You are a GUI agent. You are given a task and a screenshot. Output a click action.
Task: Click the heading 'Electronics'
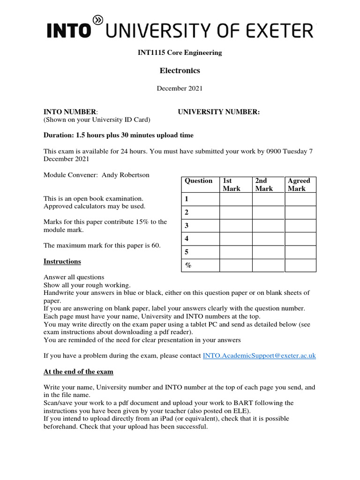180,71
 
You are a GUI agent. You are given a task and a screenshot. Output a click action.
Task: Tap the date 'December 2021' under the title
180,88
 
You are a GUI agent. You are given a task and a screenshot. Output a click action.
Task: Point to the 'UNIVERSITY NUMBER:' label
218,112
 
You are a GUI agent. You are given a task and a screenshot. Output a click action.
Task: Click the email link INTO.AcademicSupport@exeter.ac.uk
259,356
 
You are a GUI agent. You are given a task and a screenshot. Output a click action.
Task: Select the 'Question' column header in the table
199,181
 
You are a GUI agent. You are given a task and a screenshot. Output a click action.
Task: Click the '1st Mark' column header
232,185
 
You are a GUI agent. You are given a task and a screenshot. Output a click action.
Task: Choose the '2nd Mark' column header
264,185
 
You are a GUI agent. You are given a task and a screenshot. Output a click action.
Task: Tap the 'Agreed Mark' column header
299,185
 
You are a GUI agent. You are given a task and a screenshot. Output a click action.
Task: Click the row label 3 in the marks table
187,226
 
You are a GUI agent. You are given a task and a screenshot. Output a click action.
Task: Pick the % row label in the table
188,265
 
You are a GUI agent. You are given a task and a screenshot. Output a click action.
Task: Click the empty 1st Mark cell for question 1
236,199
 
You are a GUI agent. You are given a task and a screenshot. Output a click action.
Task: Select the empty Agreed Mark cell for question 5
300,252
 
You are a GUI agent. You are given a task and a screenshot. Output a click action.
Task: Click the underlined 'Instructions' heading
62,262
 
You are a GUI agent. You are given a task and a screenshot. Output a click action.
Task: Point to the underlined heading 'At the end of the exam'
78,372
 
